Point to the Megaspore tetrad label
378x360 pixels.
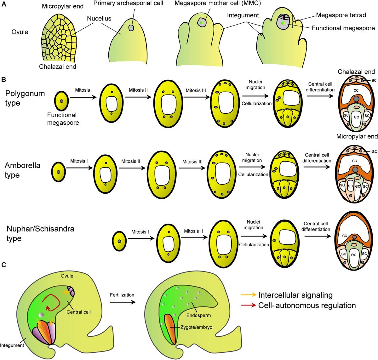pyautogui.click(x=341, y=15)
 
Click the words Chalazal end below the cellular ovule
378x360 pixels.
pyautogui.click(x=58, y=66)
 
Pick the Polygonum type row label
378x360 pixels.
pyautogui.click(x=25, y=98)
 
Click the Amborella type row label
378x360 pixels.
pyautogui.click(x=22, y=170)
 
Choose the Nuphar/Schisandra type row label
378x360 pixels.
pyautogui.click(x=40, y=233)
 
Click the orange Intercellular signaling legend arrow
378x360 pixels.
pyautogui.click(x=248, y=295)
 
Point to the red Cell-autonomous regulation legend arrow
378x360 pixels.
pyautogui.click(x=248, y=306)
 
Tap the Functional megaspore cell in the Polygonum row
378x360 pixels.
pyautogui.click(x=61, y=101)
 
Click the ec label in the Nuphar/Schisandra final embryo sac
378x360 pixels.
pyautogui.click(x=353, y=254)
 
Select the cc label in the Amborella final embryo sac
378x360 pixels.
pyautogui.click(x=354, y=161)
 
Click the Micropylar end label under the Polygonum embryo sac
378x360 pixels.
pyautogui.click(x=357, y=136)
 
